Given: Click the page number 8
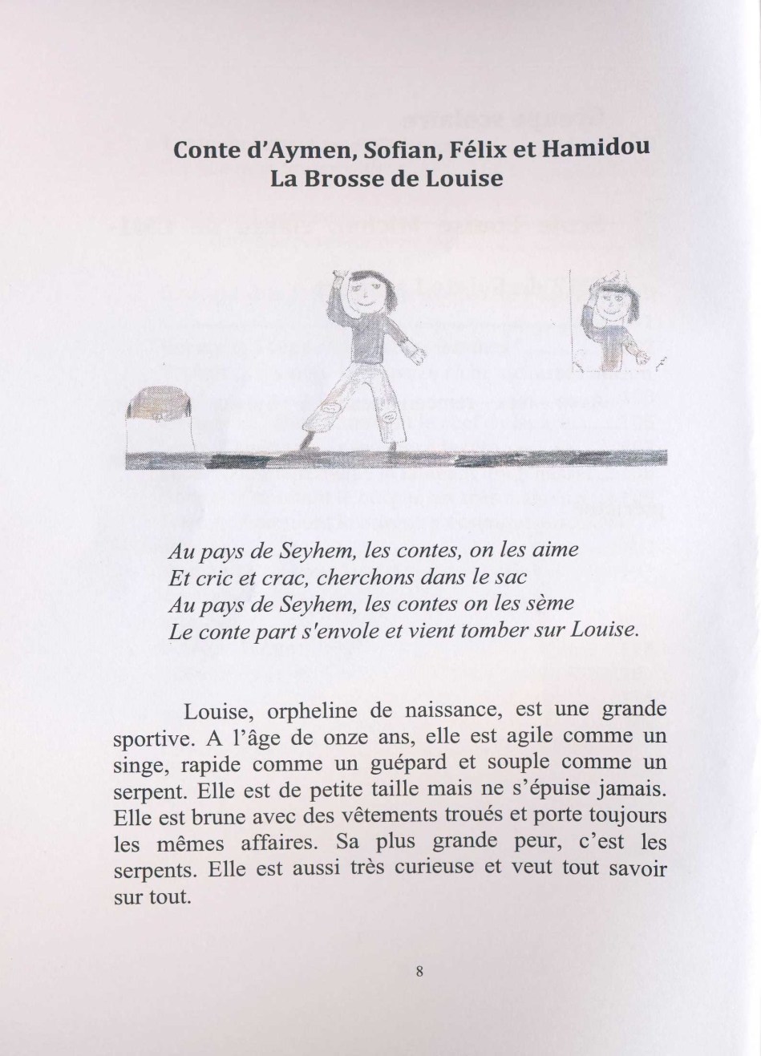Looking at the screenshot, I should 419,971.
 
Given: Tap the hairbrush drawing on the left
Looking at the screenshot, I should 161,409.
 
